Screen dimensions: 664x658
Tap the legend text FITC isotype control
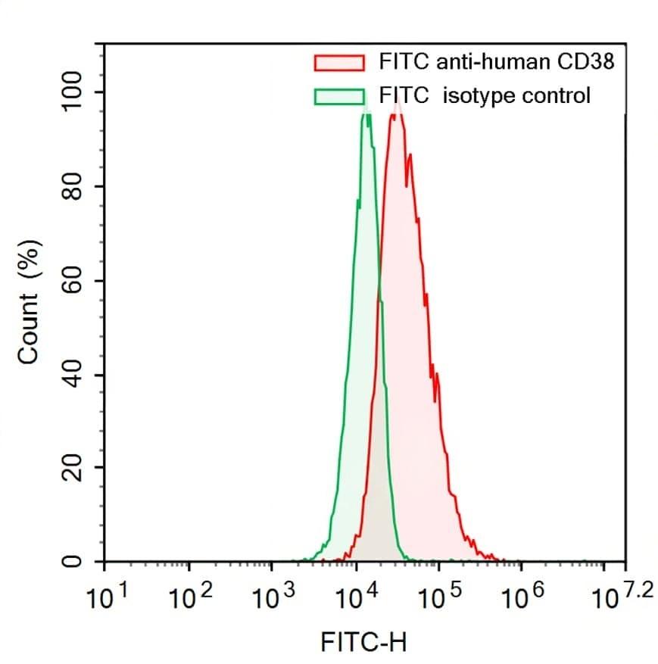tap(485, 96)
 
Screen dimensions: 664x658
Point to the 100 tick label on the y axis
tap(74, 92)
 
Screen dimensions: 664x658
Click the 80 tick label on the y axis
tap(74, 187)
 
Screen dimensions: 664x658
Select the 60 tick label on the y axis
tap(74, 282)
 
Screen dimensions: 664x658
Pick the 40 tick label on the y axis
tap(74, 376)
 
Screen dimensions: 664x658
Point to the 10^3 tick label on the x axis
tap(271, 599)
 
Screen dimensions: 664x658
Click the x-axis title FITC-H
tap(363, 644)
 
